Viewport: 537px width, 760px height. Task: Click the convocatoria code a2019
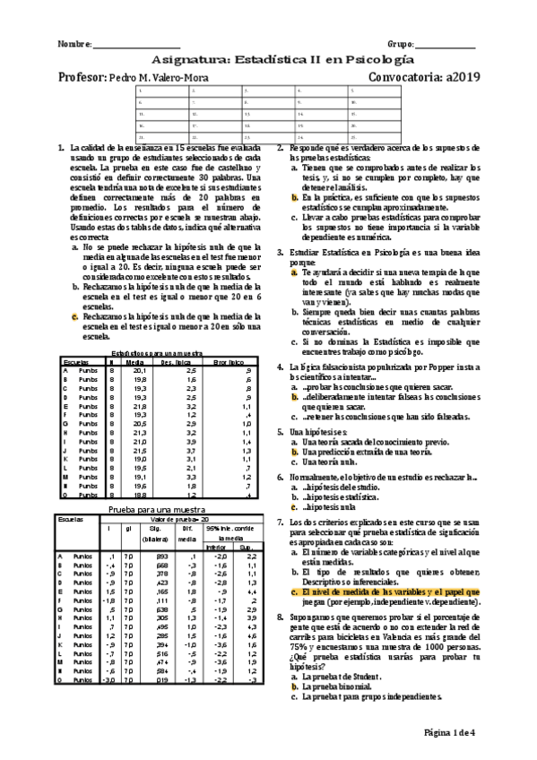pos(461,76)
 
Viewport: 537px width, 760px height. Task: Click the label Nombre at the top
pos(73,44)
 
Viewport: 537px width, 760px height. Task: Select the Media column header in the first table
pos(134,361)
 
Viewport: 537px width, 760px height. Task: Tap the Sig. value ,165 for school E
pos(162,592)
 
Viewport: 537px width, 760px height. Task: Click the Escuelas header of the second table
pos(70,518)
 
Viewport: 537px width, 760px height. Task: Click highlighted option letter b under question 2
pos(294,195)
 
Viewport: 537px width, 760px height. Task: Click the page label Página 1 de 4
pos(454,732)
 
